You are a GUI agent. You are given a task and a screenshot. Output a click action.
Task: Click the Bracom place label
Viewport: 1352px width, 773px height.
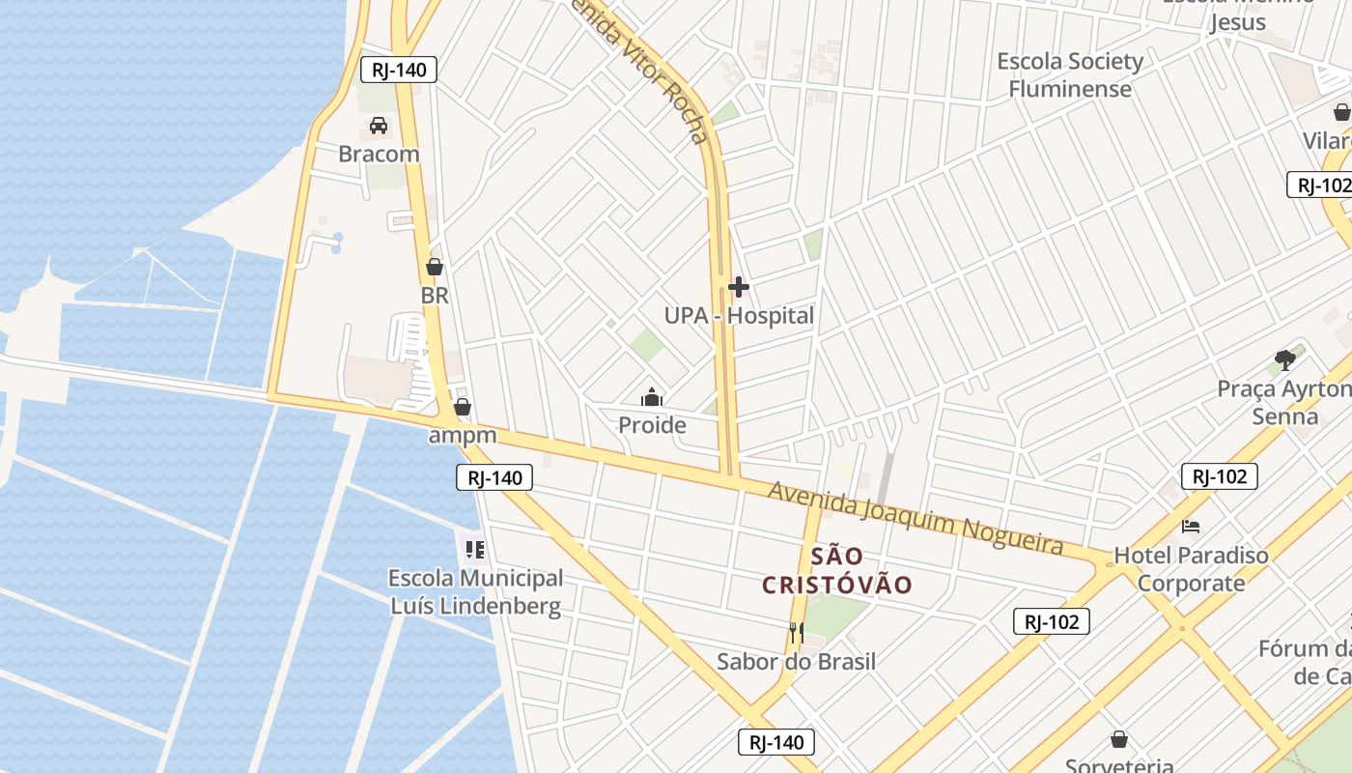[x=379, y=154]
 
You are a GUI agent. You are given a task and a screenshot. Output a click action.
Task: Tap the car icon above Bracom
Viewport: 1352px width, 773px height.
[x=379, y=126]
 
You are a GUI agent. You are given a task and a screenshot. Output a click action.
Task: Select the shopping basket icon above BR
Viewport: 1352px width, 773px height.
[x=435, y=267]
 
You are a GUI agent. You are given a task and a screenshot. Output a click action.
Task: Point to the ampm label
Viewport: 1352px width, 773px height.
[x=463, y=435]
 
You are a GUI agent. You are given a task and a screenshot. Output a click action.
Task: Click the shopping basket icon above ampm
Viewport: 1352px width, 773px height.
[x=463, y=407]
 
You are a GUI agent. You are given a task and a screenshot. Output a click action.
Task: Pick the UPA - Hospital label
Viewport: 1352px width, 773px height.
[x=739, y=316]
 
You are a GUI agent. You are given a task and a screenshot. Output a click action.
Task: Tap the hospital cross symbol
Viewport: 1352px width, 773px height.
[x=739, y=287]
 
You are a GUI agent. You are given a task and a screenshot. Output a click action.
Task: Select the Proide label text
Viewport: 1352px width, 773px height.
[x=652, y=425]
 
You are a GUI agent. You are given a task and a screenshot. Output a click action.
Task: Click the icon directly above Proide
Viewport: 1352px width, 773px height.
[x=652, y=397]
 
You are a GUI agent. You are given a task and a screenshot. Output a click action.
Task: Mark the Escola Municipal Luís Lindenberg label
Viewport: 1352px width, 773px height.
[x=475, y=592]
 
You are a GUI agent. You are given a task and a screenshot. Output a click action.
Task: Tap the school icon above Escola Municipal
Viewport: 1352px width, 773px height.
[x=474, y=551]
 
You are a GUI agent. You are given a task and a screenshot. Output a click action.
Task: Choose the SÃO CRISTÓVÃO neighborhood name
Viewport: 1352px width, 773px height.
[x=837, y=571]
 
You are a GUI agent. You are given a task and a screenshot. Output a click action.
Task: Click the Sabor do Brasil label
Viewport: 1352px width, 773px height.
[x=797, y=662]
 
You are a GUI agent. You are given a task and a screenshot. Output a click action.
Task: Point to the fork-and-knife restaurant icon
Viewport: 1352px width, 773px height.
[x=797, y=633]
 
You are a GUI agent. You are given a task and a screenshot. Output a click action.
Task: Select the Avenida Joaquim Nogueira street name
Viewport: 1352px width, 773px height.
[x=915, y=518]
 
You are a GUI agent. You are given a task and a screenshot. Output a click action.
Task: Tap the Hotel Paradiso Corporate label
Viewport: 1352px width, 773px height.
[x=1191, y=569]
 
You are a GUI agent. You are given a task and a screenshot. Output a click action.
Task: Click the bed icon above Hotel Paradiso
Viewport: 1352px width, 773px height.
[x=1191, y=527]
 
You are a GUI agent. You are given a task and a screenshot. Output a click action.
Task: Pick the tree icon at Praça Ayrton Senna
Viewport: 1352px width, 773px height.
[x=1284, y=360]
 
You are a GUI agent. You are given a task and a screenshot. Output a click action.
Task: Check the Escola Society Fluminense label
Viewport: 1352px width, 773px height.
[x=1070, y=75]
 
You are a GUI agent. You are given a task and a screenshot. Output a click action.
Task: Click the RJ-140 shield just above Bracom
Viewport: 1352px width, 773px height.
[x=399, y=70]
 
